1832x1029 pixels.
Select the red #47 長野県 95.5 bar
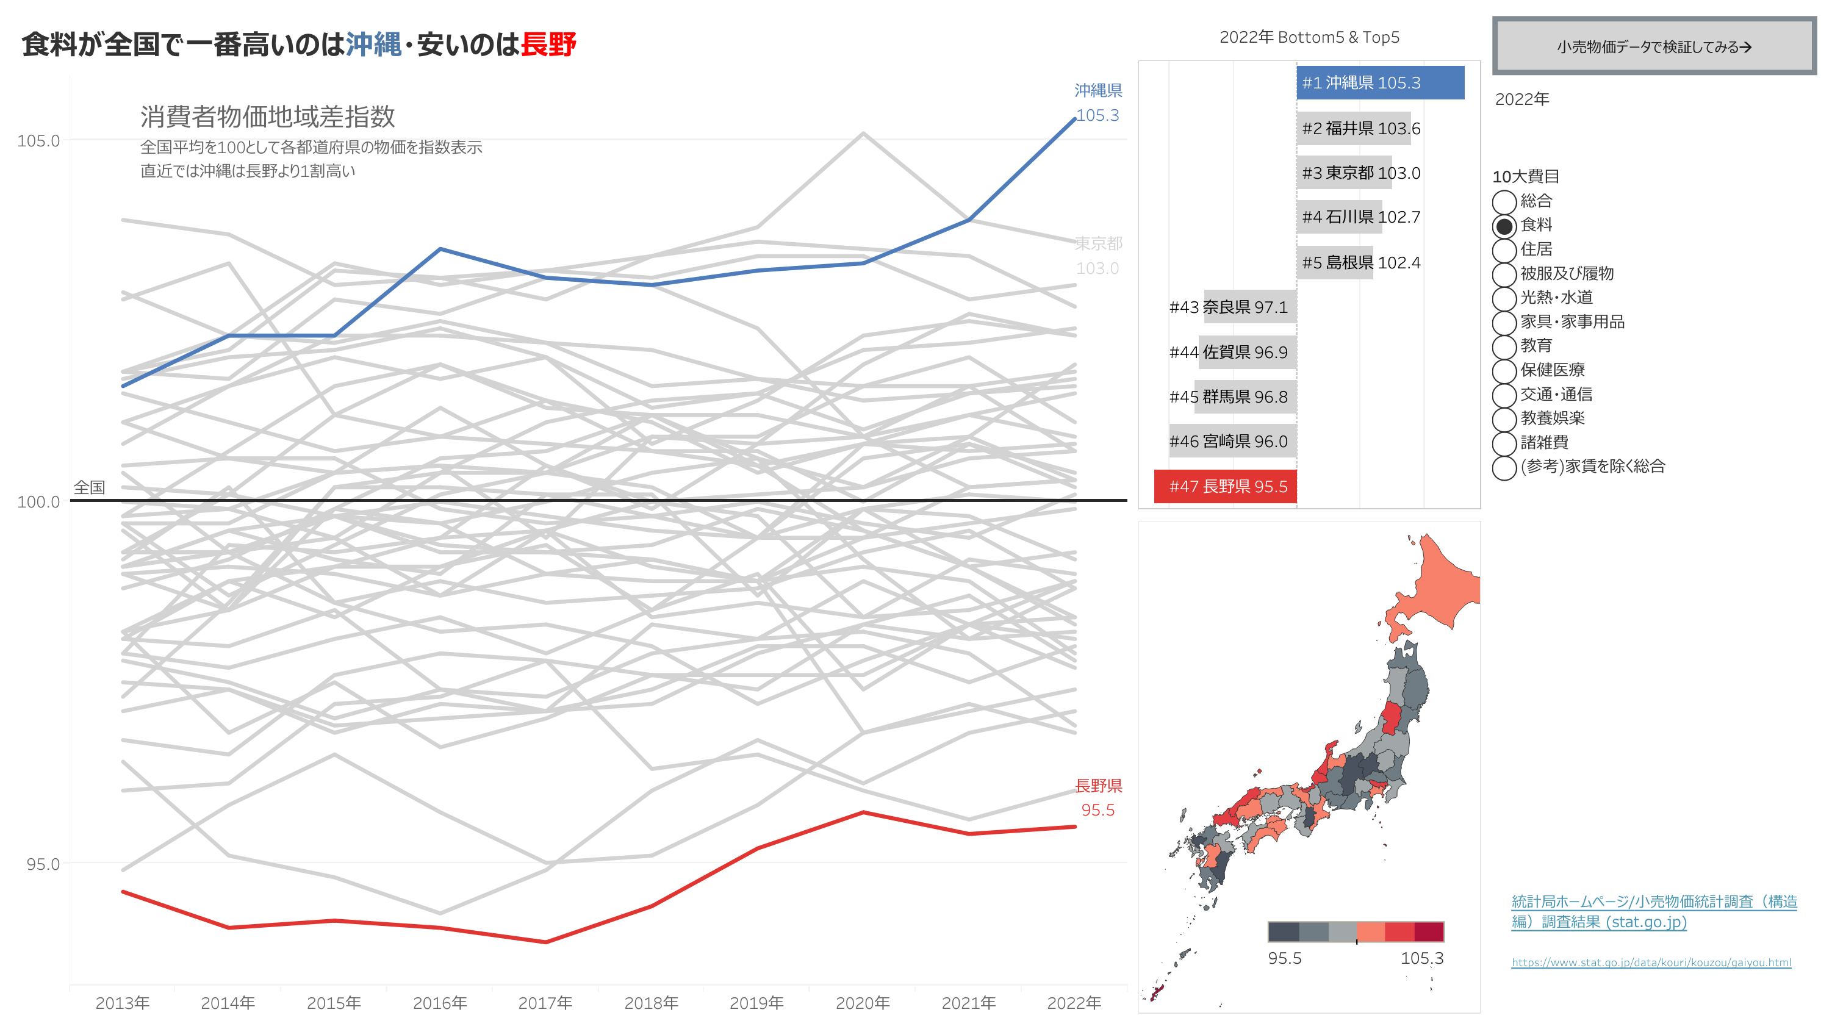[x=1224, y=486]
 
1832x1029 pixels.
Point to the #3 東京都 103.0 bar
[x=1343, y=173]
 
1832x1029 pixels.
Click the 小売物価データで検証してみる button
[x=1653, y=47]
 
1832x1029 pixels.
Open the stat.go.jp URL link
[x=1651, y=962]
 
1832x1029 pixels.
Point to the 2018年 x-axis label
[x=651, y=1003]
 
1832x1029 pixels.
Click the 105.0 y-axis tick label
[x=38, y=141]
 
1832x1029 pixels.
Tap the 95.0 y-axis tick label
[x=43, y=864]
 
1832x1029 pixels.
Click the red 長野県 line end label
[x=1097, y=786]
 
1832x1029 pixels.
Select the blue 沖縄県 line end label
[x=1097, y=91]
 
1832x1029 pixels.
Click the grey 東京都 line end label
[x=1097, y=244]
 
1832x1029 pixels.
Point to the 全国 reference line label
[x=90, y=487]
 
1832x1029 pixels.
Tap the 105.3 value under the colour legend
[x=1421, y=958]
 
